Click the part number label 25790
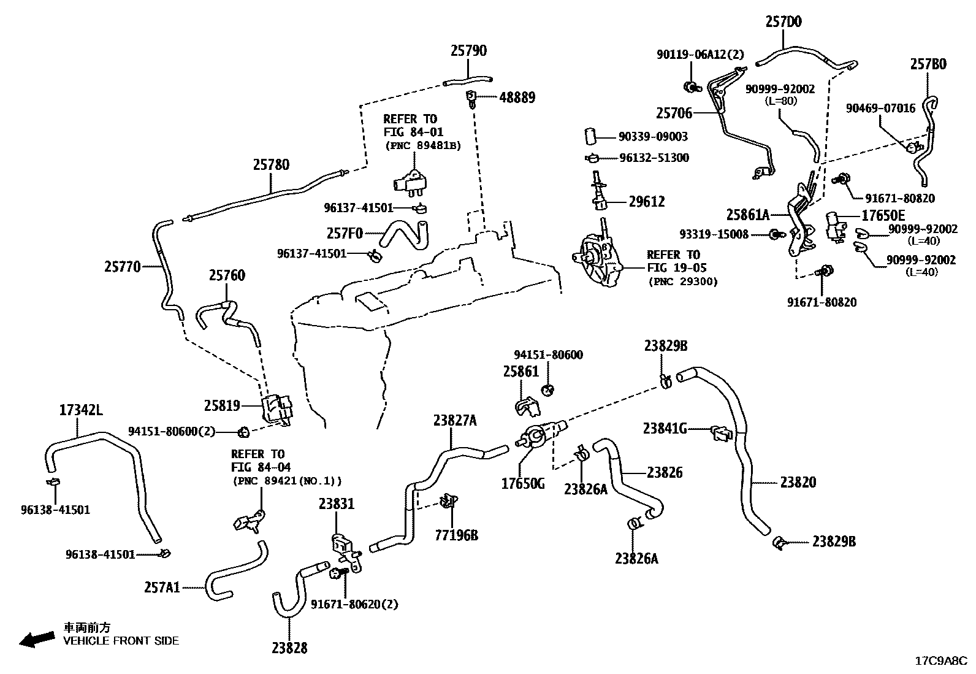(468, 50)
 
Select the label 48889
(516, 98)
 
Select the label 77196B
(456, 535)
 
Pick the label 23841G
(665, 428)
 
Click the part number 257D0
(783, 22)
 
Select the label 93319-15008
(714, 234)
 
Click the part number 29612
(646, 202)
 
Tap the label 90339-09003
(652, 137)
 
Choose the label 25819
(222, 406)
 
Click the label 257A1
(162, 588)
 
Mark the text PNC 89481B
(422, 146)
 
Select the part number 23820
(798, 483)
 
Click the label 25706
(674, 113)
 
